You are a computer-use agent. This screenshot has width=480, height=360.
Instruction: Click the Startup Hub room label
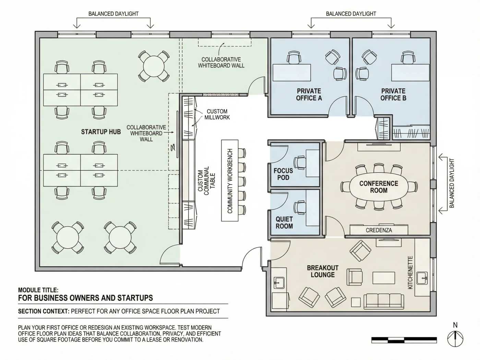[x=101, y=132]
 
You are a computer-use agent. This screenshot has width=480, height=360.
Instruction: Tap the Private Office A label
[x=309, y=94]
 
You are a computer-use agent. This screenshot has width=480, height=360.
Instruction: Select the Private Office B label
[x=393, y=94]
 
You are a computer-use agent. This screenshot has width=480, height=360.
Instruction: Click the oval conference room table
[x=379, y=187]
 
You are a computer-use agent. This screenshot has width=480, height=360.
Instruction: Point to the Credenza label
[x=379, y=230]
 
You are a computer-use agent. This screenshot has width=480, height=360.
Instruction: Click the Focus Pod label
[x=283, y=174]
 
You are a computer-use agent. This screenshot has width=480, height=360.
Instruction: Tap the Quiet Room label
[x=284, y=223]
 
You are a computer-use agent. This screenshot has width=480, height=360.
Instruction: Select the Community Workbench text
[x=230, y=181]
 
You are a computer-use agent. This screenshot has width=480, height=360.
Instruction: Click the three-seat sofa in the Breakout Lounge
[x=384, y=301]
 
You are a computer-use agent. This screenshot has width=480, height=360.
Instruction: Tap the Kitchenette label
[x=410, y=273]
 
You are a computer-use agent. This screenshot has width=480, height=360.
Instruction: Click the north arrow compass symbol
[x=455, y=339]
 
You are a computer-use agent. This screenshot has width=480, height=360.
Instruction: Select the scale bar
[x=404, y=340]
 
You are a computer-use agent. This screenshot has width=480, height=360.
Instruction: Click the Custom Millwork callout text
[x=217, y=114]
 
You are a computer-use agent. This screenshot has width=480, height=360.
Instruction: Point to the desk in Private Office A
[x=292, y=73]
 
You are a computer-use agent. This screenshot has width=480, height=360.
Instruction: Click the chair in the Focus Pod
[x=300, y=163]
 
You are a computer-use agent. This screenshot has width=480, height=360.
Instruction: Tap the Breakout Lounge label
[x=323, y=271]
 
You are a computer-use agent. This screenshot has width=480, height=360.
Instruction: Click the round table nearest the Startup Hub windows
[x=154, y=66]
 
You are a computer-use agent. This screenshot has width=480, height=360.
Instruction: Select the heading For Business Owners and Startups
[x=85, y=298]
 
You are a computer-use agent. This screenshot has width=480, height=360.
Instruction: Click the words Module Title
[x=38, y=290]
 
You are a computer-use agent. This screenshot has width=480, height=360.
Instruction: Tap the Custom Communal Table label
[x=206, y=181]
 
